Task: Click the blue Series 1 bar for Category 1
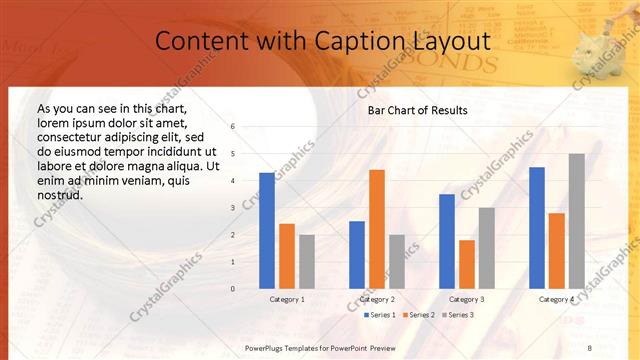click(x=267, y=231)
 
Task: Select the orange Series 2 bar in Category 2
click(x=376, y=229)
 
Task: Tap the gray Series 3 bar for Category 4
click(x=577, y=221)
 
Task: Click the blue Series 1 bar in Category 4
click(x=537, y=228)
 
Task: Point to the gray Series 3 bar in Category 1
click(x=307, y=262)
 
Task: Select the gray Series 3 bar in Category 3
click(x=487, y=248)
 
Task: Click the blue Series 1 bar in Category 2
click(x=357, y=255)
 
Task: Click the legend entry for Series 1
click(x=379, y=315)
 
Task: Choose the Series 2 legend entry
click(x=417, y=315)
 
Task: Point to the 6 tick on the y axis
click(x=232, y=127)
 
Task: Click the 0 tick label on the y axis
click(x=232, y=289)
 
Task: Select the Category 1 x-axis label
click(x=287, y=299)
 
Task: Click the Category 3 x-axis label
click(x=467, y=299)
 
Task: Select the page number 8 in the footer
click(x=589, y=347)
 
